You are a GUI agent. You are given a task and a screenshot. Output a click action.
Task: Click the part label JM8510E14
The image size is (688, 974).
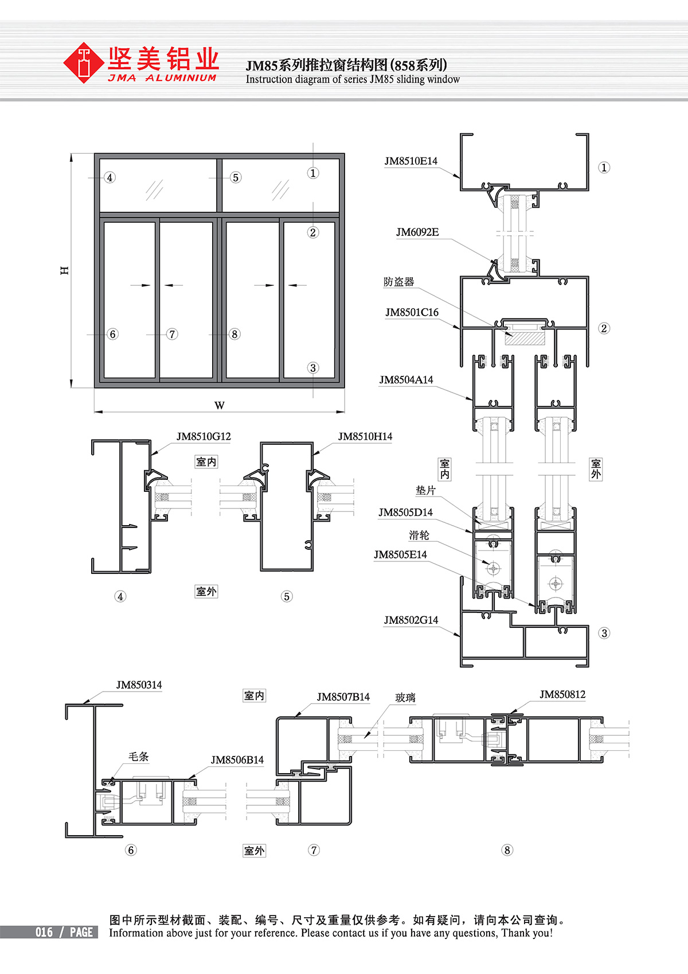click(411, 161)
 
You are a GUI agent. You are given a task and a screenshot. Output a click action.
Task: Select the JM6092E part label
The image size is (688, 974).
click(417, 232)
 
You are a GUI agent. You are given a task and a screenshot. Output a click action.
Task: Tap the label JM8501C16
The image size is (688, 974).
click(412, 312)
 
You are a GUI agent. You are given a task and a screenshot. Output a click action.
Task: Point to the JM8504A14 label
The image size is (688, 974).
click(406, 379)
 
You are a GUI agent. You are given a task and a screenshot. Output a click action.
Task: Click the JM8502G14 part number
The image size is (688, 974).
click(411, 620)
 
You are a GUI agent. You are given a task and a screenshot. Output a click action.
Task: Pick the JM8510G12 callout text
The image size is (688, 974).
click(204, 436)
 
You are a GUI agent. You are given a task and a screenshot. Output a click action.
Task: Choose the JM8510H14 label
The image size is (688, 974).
click(365, 436)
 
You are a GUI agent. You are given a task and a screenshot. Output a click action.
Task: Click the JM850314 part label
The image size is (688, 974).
click(139, 685)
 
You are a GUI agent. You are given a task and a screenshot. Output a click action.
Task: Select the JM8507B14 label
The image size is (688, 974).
click(343, 697)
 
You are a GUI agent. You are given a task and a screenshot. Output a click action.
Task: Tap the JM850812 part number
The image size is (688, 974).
click(562, 694)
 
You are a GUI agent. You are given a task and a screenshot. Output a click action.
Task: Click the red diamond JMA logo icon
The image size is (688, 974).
click(83, 63)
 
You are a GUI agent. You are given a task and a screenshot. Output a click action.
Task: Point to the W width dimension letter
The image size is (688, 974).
click(220, 406)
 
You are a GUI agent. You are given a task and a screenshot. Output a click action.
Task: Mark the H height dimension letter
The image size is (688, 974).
click(64, 270)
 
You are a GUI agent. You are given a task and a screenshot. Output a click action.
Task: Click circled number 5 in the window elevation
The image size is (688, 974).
click(236, 177)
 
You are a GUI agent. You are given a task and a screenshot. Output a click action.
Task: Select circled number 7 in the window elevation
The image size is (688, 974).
click(172, 334)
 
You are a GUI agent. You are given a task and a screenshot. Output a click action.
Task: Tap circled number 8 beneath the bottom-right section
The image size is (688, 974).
click(507, 849)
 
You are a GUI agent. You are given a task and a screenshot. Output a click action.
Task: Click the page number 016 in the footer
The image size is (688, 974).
click(44, 932)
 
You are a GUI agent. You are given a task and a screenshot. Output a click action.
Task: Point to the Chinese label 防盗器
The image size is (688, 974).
click(398, 282)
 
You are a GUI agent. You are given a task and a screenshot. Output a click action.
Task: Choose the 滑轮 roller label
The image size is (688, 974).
click(419, 535)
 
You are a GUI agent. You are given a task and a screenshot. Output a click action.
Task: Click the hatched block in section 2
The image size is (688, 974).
click(525, 338)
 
